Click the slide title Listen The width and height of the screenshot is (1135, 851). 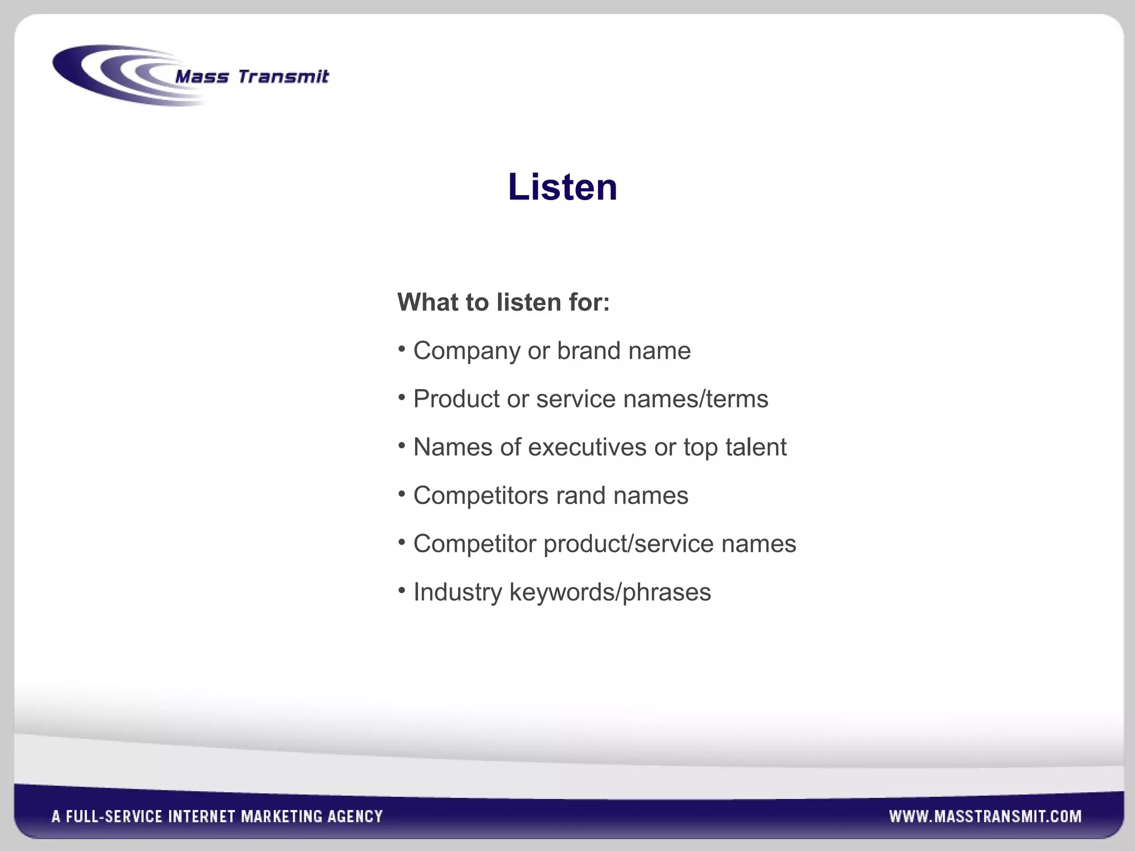coord(562,187)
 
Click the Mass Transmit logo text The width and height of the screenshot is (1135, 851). coord(252,76)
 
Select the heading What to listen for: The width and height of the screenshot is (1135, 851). coord(503,303)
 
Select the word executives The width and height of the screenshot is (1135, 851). coord(587,447)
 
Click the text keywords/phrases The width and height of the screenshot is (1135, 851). coord(610,592)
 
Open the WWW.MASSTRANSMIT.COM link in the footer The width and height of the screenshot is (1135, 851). coord(985,816)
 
